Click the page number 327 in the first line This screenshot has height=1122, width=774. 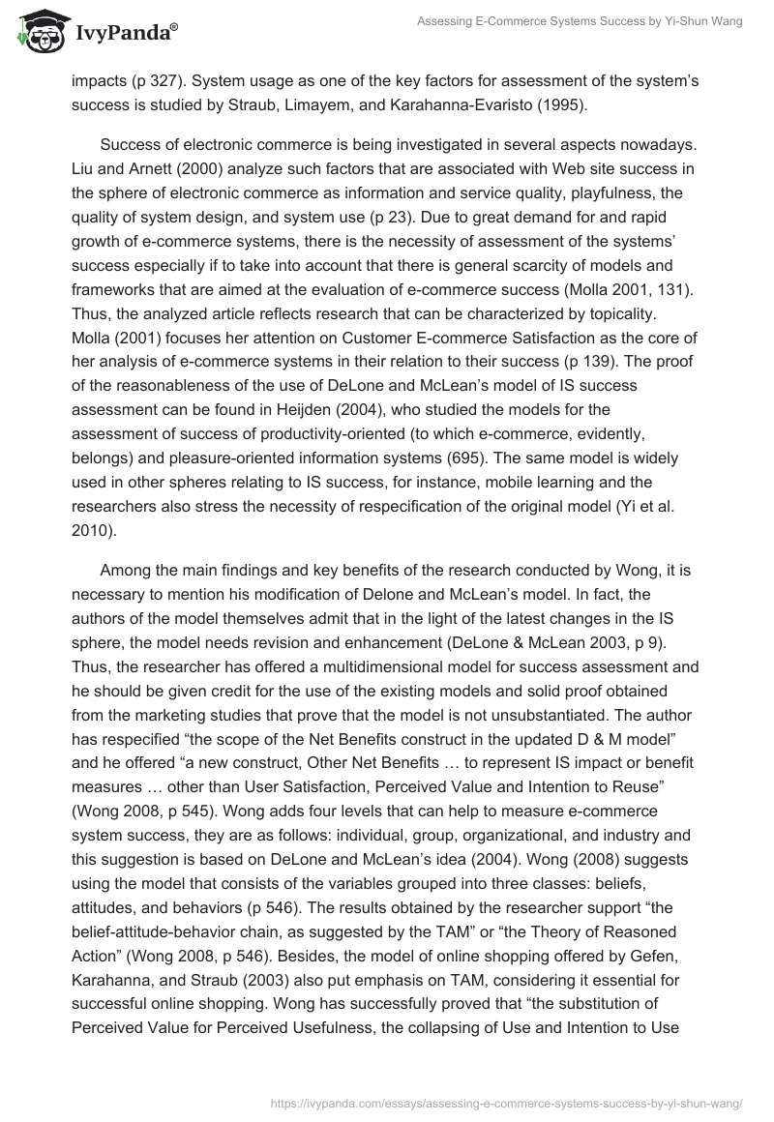[x=152, y=82]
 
